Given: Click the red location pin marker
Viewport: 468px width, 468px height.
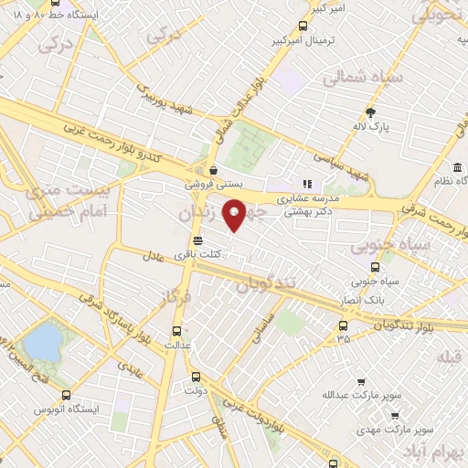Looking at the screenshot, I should tap(235, 218).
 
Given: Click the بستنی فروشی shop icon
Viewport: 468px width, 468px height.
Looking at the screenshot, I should tap(213, 169).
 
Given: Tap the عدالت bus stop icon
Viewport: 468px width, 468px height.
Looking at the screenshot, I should tap(177, 332).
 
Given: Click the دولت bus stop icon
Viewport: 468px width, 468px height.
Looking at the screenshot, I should tap(195, 377).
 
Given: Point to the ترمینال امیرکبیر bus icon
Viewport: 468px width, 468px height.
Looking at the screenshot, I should tap(303, 27).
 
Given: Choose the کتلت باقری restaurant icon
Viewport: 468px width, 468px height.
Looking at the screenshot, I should tap(211, 240).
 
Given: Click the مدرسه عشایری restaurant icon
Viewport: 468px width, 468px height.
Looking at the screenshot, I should tap(307, 184).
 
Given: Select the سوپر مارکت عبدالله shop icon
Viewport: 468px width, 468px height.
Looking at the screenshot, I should tap(362, 382).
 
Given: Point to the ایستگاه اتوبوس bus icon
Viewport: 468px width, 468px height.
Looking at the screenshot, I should tap(65, 396).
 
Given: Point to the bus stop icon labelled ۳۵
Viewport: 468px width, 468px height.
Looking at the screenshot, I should tap(343, 325).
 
